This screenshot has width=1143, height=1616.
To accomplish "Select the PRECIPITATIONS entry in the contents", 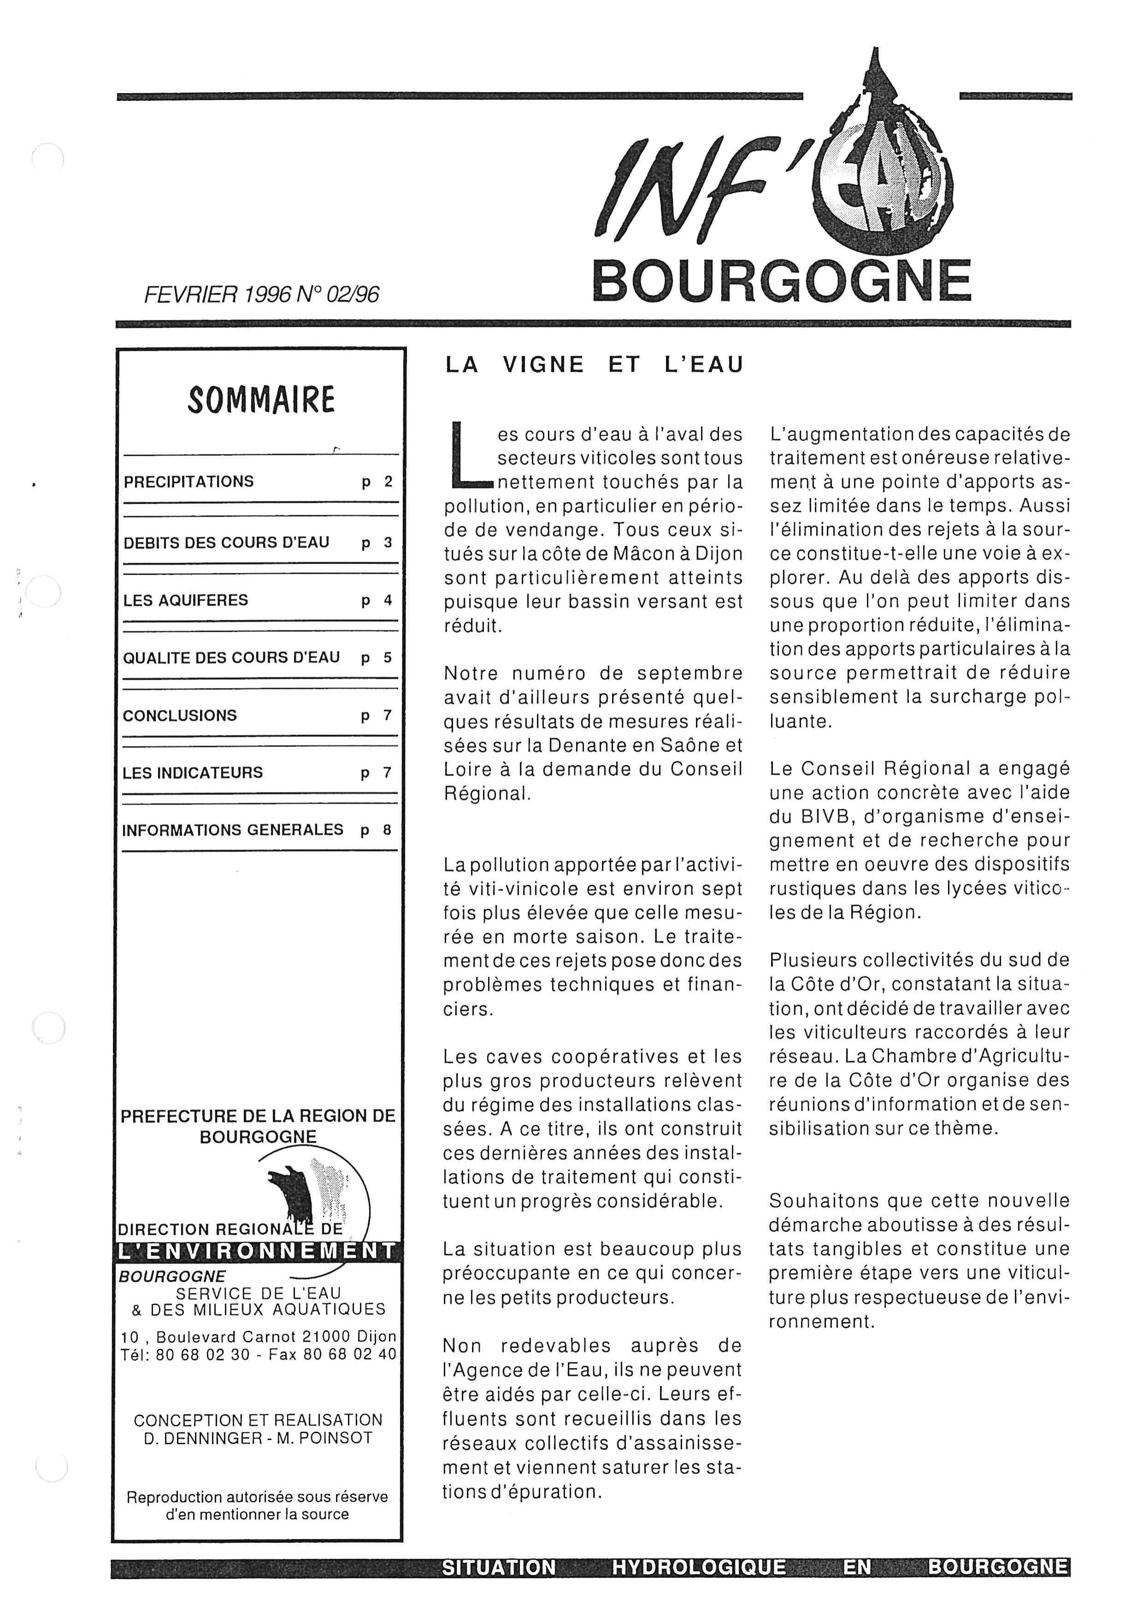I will [189, 482].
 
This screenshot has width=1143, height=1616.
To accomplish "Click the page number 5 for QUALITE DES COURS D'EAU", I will [386, 658].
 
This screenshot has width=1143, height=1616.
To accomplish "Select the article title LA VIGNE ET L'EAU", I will [594, 364].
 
